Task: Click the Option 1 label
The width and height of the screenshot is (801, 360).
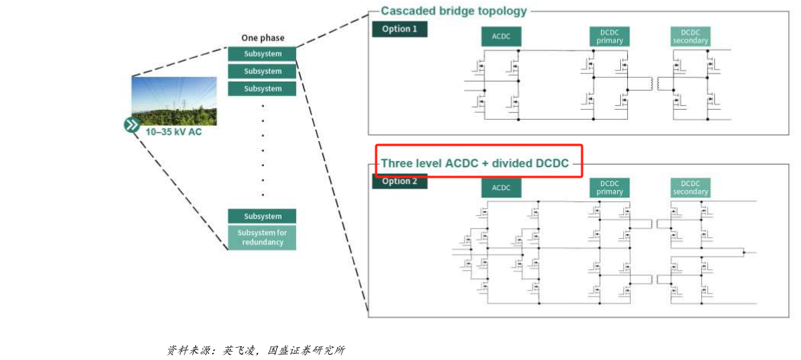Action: coord(400,29)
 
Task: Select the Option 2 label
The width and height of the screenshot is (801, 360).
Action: coord(400,182)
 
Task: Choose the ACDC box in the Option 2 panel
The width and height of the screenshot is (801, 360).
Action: coord(501,188)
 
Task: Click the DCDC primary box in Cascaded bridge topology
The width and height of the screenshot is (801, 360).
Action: coord(609,37)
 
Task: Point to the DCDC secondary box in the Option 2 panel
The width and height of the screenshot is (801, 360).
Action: coord(690,188)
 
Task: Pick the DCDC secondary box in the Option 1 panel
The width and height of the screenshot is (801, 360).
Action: coord(690,37)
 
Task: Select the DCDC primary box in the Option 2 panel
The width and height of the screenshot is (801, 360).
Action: coord(609,188)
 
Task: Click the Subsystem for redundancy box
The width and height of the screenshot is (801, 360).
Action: coord(262,237)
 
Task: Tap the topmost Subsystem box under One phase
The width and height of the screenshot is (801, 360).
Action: coord(262,54)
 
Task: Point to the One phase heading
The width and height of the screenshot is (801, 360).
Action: coord(262,38)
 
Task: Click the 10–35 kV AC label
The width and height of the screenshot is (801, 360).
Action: coord(175,132)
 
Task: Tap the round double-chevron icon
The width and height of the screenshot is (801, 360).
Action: coord(132,125)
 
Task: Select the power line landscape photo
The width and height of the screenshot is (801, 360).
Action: coord(174,101)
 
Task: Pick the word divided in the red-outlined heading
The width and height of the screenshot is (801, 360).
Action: coord(513,163)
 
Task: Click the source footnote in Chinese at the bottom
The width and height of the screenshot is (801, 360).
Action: coord(256,350)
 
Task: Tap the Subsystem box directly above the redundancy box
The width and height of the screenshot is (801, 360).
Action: coord(262,216)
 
